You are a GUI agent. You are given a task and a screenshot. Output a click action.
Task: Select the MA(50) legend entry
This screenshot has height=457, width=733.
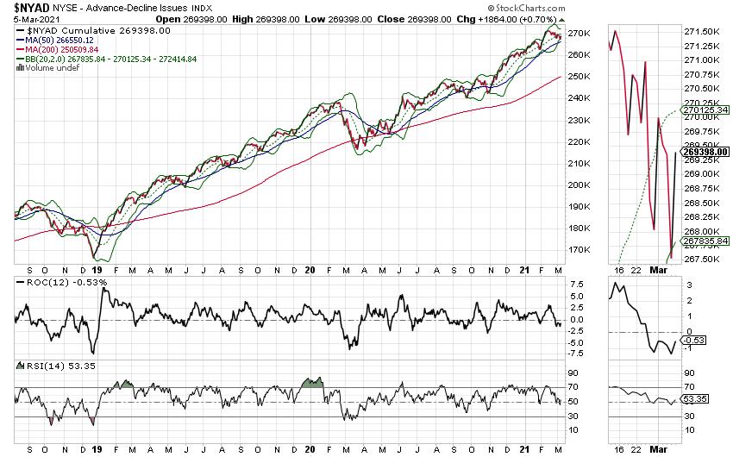[63, 41]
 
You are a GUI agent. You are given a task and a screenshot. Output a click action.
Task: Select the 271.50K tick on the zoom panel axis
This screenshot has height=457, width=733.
[699, 31]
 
